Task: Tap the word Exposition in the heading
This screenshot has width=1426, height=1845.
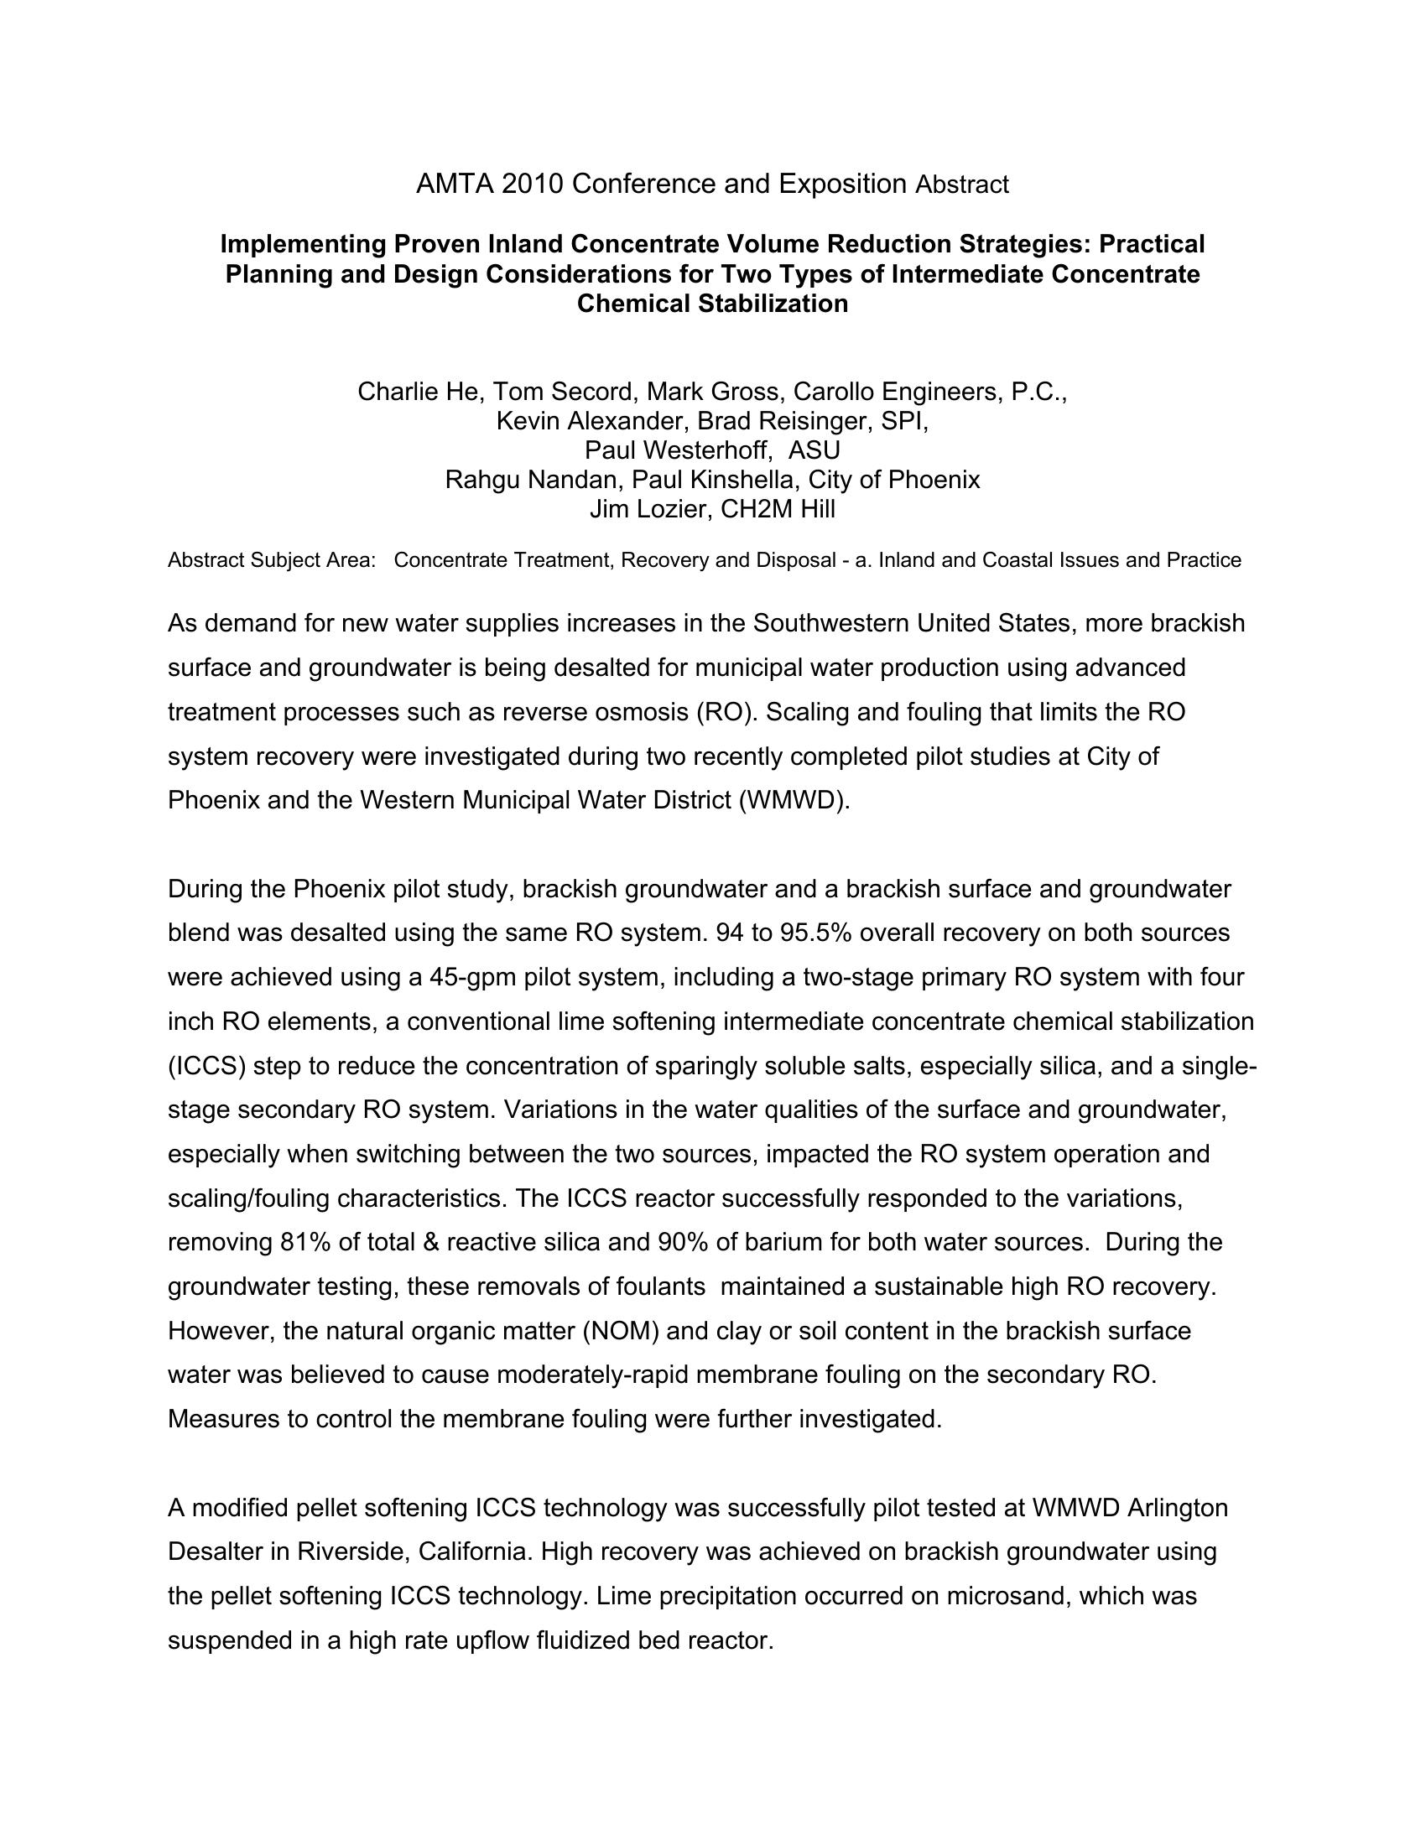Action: pos(841,184)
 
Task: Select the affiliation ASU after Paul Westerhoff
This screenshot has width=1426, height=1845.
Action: pos(814,450)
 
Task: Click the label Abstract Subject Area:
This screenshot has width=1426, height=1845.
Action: pos(272,560)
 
